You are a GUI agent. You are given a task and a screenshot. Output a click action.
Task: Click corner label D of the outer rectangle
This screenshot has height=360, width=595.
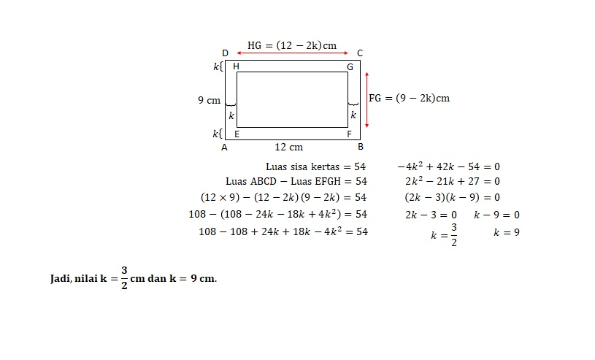point(225,53)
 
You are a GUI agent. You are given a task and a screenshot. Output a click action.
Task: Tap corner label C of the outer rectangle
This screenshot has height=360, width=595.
point(360,53)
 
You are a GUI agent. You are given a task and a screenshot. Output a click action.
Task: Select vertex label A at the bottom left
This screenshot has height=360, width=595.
point(224,148)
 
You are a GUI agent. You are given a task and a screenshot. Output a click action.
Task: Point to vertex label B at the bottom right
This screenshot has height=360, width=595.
point(361,147)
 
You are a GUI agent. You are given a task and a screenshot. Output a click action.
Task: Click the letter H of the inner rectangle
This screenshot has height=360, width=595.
point(236,66)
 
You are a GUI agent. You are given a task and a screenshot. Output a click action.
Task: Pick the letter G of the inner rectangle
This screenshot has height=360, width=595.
point(350,67)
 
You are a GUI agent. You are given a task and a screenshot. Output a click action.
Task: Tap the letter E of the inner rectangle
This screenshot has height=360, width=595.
point(237,134)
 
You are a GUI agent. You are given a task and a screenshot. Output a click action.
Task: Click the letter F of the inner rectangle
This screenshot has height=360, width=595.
point(349,134)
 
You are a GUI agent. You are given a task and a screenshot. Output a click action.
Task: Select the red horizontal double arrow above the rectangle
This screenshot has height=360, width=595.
point(292,53)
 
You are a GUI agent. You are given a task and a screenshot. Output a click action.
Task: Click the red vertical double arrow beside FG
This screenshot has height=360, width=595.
point(366,100)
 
